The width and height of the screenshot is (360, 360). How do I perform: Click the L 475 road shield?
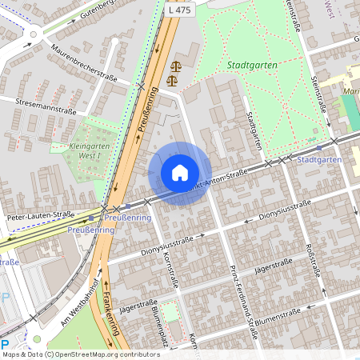pyautogui.click(x=181, y=9)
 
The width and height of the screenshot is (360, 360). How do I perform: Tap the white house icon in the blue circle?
pyautogui.click(x=180, y=173)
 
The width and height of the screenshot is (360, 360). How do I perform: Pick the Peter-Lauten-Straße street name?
pyautogui.click(x=40, y=215)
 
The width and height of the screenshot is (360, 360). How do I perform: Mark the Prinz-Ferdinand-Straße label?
pyautogui.click(x=241, y=300)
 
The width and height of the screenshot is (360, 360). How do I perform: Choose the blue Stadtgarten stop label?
pyautogui.click(x=318, y=159)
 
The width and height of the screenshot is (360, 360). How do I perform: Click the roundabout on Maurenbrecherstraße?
pyautogui.click(x=34, y=34)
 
